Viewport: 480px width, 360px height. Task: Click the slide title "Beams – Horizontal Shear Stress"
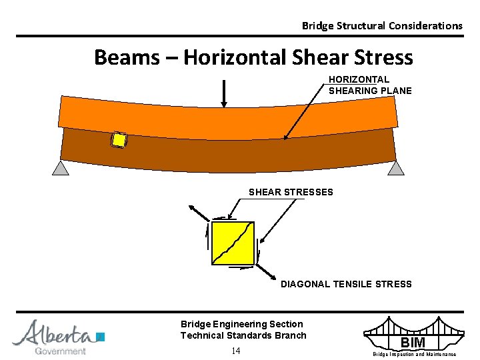pos(253,57)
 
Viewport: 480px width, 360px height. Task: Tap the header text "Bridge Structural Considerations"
pos(381,26)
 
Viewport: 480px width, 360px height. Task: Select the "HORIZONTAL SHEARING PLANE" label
pos(370,85)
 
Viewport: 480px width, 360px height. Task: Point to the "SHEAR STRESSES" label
pos(291,192)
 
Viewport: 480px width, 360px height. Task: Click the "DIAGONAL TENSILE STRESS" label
pos(346,284)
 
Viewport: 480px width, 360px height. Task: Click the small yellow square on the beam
pos(119,140)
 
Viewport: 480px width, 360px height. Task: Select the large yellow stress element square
pos(232,243)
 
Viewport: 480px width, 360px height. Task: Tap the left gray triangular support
pos(61,167)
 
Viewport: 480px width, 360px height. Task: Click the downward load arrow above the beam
pos(224,93)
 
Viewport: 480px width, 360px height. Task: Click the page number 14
pos(236,351)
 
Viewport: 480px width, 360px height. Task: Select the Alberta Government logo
pos(58,337)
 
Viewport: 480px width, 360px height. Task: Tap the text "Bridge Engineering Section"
pos(241,324)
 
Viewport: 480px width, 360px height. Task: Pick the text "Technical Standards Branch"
pos(243,335)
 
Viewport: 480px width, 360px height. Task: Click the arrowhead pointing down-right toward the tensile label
pos(273,277)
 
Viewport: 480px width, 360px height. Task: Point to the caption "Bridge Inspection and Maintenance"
pos(414,354)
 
